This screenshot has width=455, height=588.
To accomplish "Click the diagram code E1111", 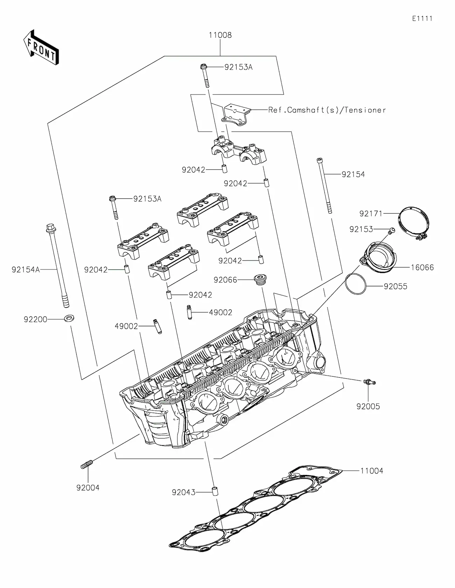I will click(422, 19).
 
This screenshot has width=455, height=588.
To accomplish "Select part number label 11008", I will click(220, 35).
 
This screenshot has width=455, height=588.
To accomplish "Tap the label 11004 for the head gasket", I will click(372, 471).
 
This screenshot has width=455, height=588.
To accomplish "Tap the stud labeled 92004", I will click(86, 465).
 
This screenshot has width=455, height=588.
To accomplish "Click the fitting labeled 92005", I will click(369, 383).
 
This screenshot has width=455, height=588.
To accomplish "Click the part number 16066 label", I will click(422, 268).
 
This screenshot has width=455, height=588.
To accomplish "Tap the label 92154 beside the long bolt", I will click(353, 174).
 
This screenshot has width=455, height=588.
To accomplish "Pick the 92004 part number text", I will click(88, 488).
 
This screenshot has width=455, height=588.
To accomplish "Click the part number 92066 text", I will click(225, 280).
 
